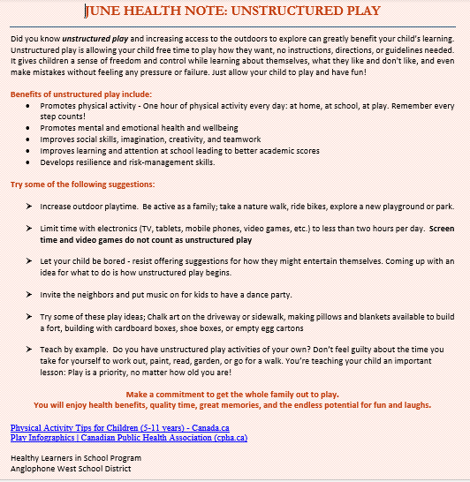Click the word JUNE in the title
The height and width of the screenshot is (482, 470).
click(104, 11)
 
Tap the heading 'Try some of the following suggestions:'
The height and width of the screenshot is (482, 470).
click(82, 185)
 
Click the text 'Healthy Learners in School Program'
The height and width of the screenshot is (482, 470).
click(75, 458)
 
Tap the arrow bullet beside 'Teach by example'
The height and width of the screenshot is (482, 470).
click(30, 350)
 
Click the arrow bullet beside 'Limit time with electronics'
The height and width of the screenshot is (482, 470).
click(30, 229)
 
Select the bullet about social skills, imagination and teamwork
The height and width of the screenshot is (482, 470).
click(150, 139)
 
